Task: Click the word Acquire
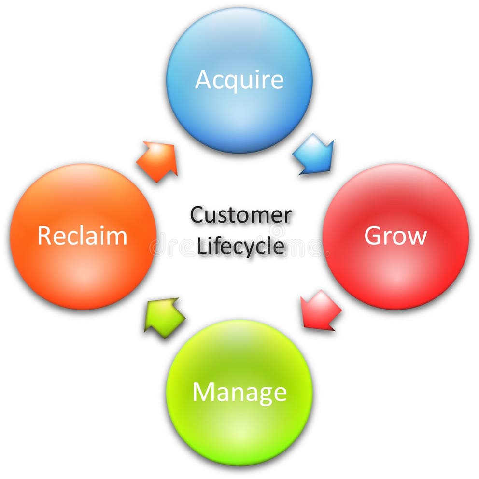[x=239, y=80]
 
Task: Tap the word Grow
[x=395, y=236]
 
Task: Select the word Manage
[x=239, y=392]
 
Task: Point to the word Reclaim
[x=82, y=236]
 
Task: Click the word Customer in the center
[x=240, y=215]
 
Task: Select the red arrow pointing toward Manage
[x=319, y=310]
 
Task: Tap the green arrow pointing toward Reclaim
[x=164, y=317]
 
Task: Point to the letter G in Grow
[x=373, y=236]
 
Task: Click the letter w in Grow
[x=417, y=238]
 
